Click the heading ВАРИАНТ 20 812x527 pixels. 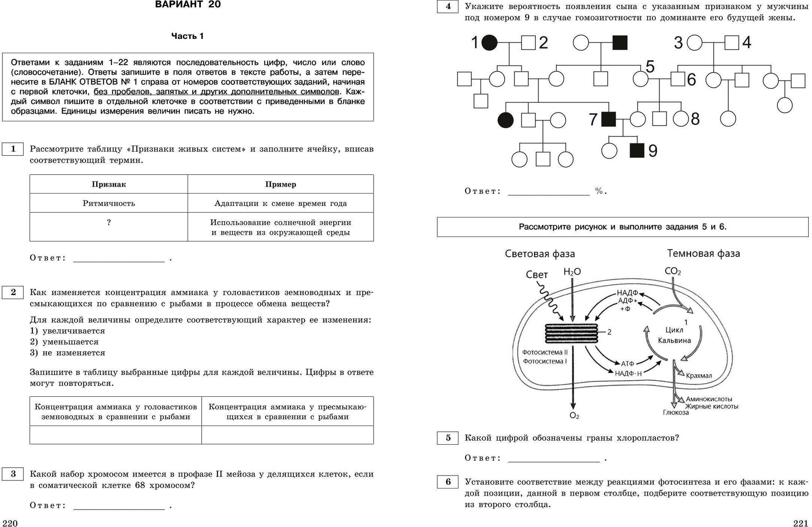pos(188,5)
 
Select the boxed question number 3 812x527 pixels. pos(13,474)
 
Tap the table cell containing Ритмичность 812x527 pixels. pos(109,203)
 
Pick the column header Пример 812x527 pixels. pos(281,184)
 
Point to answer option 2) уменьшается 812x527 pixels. pos(65,342)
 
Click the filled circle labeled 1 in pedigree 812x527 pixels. pos(489,42)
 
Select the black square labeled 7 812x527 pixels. pos(608,119)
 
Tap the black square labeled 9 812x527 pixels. pos(637,151)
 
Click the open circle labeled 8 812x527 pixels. pos(680,119)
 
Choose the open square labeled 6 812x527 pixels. pos(678,79)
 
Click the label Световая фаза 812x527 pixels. pos(540,254)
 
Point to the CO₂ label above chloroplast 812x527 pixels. pos(672,271)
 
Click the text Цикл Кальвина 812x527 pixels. pos(674,336)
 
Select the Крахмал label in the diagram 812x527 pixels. pos(699,376)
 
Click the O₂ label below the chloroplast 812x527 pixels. pos(574,416)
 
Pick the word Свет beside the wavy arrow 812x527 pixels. pos(537,275)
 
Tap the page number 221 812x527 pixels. pos(801,523)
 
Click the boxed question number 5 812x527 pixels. pos(448,438)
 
